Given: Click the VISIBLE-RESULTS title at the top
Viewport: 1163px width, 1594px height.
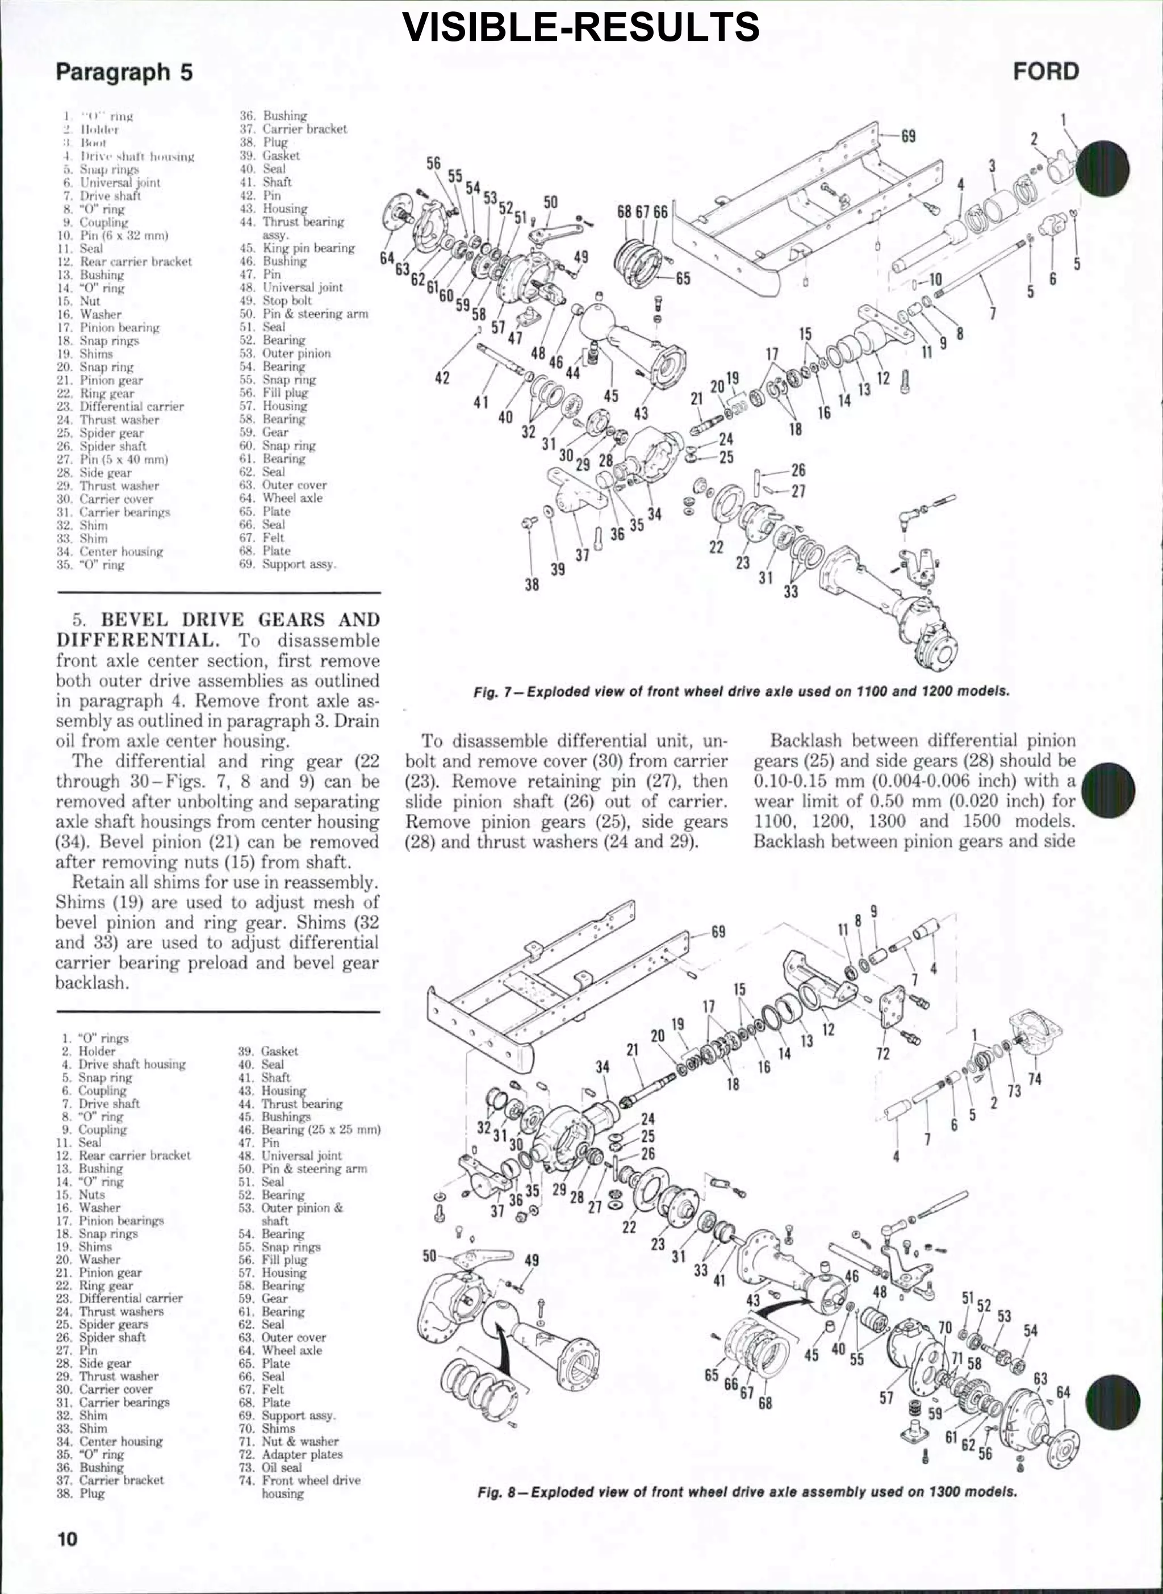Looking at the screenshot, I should pos(581,27).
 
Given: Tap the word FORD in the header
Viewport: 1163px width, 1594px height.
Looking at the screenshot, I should pos(1045,71).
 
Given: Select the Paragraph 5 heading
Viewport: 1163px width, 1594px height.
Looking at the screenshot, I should pos(124,72).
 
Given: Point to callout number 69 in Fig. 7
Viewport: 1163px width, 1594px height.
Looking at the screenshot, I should pos(909,136).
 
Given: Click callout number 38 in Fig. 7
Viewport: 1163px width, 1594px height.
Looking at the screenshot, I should pos(532,583).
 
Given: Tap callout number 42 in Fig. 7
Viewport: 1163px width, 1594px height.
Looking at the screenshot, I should pos(442,378).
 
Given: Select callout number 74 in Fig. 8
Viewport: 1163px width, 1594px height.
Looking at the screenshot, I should pos(1034,1079).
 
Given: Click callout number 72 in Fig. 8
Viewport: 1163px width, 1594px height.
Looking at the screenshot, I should pos(883,1053).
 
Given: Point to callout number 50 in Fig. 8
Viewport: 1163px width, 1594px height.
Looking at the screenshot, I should pos(429,1256).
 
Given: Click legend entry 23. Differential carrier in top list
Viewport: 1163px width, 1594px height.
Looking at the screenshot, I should pos(120,407).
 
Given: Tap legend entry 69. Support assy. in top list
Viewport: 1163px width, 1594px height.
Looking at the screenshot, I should pos(288,564).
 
